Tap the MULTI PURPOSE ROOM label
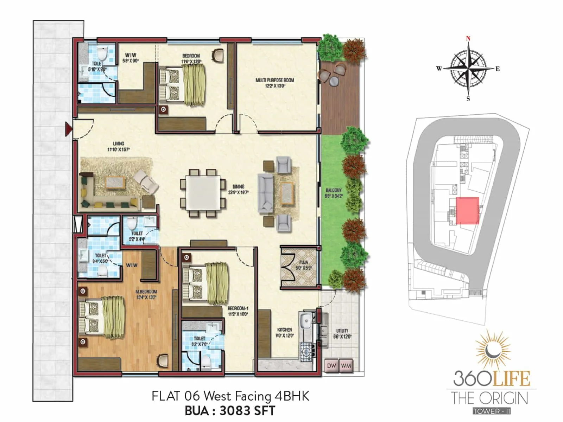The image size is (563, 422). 275,83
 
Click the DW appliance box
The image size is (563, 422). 331,366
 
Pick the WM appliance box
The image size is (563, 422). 346,366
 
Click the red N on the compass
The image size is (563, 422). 468,39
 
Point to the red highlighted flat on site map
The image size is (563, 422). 467,210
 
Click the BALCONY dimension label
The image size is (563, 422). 334,193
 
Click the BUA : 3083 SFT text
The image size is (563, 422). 230,410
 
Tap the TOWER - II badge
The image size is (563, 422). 492,411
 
